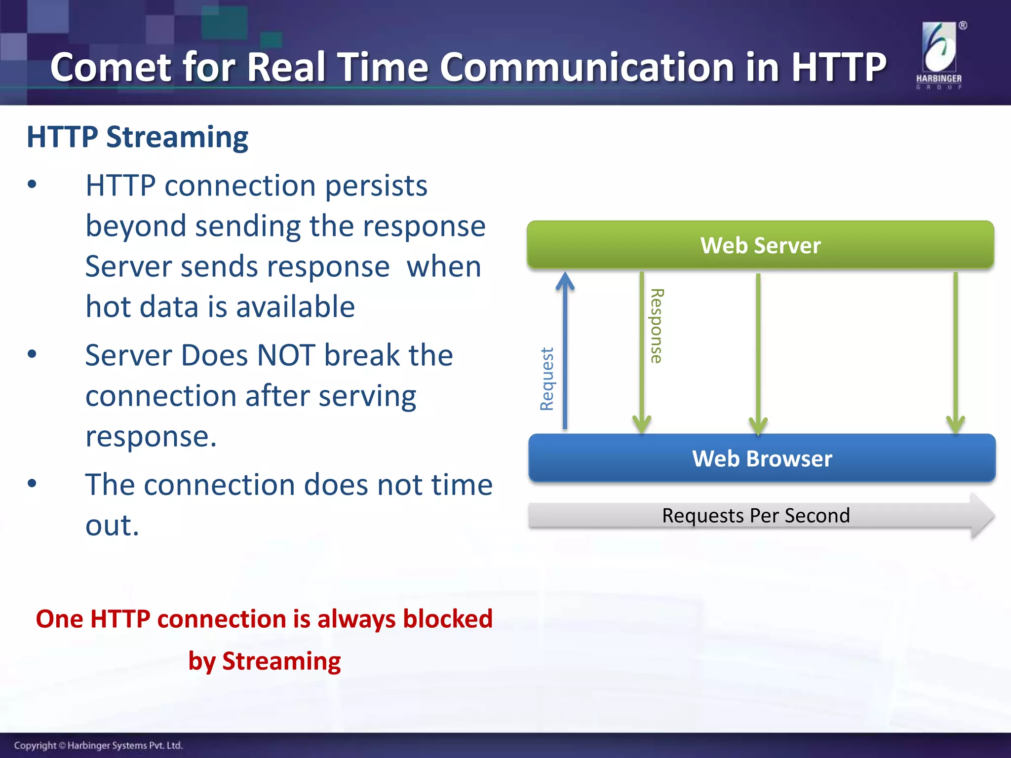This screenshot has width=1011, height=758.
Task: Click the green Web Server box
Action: [760, 245]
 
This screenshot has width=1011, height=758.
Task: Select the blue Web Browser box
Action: [762, 458]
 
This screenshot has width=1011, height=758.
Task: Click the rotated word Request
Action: [547, 379]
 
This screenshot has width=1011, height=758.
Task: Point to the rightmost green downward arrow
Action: [956, 350]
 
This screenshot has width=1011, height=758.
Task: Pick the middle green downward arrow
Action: [758, 350]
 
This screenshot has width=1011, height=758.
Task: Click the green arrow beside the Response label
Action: [642, 350]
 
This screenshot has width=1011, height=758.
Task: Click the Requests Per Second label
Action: [755, 515]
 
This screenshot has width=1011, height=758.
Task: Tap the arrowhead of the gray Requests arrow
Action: [981, 515]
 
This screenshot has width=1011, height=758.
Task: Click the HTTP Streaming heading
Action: [137, 137]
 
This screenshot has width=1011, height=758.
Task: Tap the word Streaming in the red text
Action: [281, 661]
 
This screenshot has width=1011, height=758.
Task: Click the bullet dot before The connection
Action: [32, 483]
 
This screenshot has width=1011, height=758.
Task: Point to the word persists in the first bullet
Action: [376, 186]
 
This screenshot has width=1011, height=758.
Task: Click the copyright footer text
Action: [98, 745]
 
